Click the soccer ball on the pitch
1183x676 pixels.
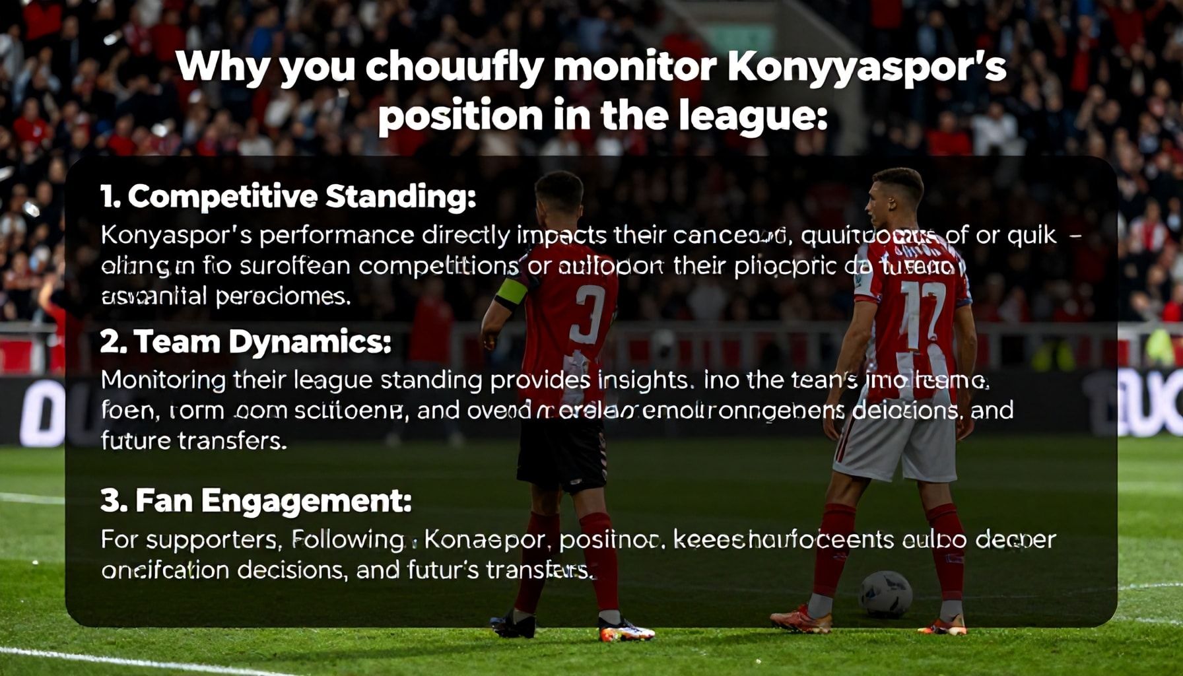(x=885, y=593)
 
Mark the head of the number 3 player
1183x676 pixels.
(x=559, y=197)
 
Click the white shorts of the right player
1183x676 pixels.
(x=896, y=448)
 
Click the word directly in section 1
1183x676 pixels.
(x=466, y=236)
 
